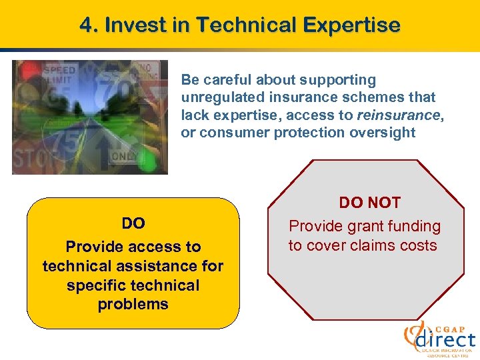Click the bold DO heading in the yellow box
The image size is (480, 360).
point(133,223)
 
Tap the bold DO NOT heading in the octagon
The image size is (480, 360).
point(369,203)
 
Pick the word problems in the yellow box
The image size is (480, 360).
point(133,305)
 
